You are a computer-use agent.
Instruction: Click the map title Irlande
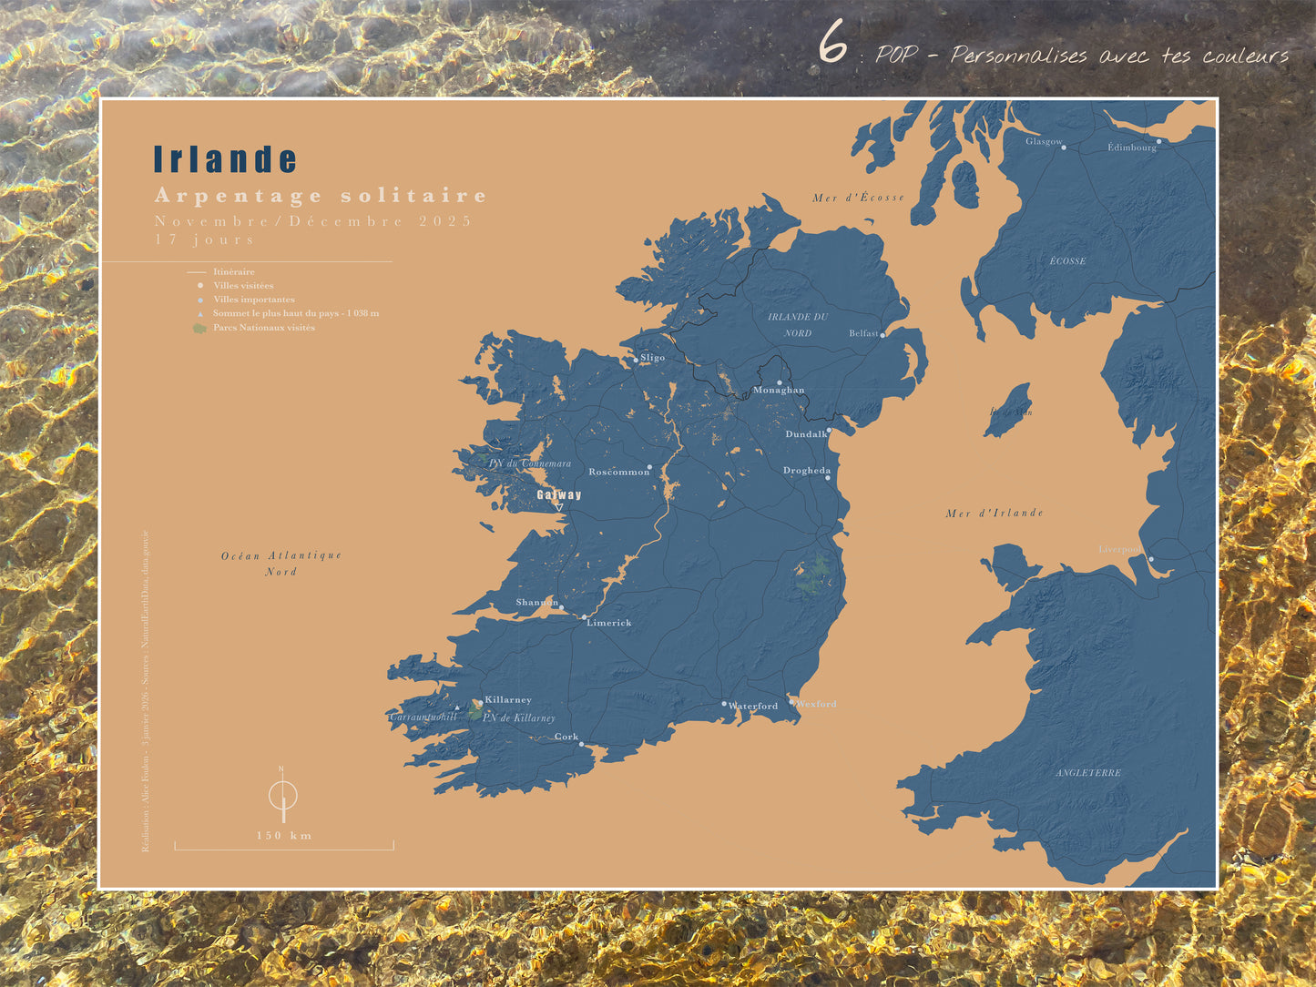click(225, 159)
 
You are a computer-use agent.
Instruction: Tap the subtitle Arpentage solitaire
click(321, 196)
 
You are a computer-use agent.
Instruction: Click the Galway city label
click(558, 495)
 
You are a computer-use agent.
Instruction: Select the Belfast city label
click(863, 333)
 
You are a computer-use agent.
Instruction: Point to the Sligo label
click(652, 358)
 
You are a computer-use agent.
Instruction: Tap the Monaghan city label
click(779, 391)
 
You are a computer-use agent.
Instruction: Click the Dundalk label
click(806, 434)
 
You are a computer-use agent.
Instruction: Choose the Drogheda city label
click(807, 471)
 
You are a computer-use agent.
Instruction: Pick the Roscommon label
click(618, 472)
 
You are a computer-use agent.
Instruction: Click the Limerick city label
click(608, 623)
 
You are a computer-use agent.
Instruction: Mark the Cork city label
click(566, 737)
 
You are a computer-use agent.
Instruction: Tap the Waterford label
click(753, 706)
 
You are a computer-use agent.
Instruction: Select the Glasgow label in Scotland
click(1044, 141)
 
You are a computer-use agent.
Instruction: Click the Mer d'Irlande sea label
click(995, 514)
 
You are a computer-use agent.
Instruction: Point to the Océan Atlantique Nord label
click(281, 563)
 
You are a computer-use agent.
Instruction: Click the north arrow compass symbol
click(283, 796)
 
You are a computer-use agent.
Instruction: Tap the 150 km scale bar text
click(284, 836)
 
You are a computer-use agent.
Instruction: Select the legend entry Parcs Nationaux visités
click(263, 328)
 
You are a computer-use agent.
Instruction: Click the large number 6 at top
click(831, 44)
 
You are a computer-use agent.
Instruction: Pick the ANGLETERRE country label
click(1088, 773)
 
